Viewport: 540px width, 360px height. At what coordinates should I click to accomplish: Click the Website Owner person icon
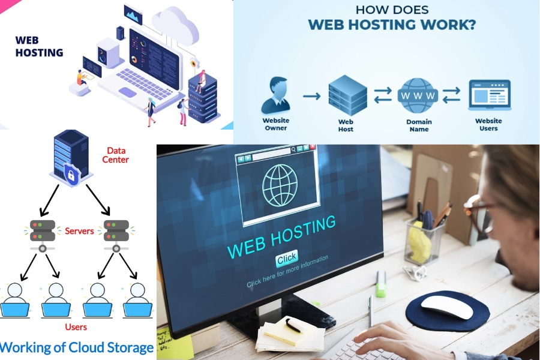pyautogui.click(x=275, y=96)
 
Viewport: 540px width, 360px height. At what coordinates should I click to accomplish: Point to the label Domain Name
pyautogui.click(x=419, y=125)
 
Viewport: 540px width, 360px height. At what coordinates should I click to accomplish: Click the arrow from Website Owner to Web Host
pyautogui.click(x=311, y=95)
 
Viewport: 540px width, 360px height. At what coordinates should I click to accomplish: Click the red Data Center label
pyautogui.click(x=115, y=155)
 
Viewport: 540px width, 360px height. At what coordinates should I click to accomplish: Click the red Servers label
pyautogui.click(x=79, y=231)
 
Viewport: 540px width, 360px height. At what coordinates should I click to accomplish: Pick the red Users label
pyautogui.click(x=76, y=327)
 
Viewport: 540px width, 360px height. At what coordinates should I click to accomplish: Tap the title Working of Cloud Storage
pyautogui.click(x=77, y=347)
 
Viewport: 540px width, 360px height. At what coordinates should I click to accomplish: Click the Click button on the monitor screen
pyautogui.click(x=287, y=258)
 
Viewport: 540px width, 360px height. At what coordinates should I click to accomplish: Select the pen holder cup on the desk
pyautogui.click(x=424, y=240)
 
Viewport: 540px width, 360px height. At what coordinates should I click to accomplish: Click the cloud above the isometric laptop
pyautogui.click(x=175, y=24)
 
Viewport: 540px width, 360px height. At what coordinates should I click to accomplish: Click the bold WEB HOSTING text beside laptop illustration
pyautogui.click(x=39, y=47)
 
